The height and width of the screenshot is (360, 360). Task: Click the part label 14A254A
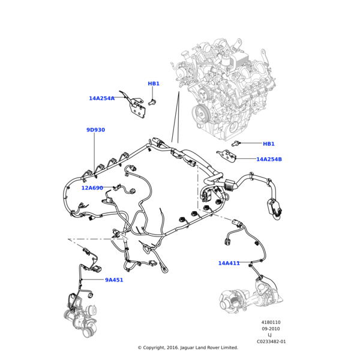click(101, 98)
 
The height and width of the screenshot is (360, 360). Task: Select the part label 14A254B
click(269, 160)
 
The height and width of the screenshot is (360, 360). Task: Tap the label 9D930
click(95, 130)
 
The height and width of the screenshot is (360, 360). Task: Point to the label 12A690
click(92, 188)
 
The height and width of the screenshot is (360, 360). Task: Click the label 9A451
click(114, 280)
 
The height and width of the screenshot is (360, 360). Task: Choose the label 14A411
click(229, 263)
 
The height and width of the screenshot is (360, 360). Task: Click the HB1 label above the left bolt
click(154, 83)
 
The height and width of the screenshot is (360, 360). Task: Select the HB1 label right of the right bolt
click(269, 144)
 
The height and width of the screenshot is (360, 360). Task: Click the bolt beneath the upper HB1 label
click(152, 103)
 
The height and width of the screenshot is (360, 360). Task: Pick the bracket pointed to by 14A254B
click(226, 155)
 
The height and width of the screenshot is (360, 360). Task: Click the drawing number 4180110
click(271, 322)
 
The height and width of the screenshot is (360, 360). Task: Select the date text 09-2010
click(271, 329)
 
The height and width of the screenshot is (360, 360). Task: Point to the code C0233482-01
click(271, 341)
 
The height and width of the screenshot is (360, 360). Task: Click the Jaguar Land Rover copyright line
click(188, 347)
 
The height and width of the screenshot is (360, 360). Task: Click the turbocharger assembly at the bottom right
click(252, 295)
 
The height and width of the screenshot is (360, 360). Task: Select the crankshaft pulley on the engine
click(200, 113)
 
